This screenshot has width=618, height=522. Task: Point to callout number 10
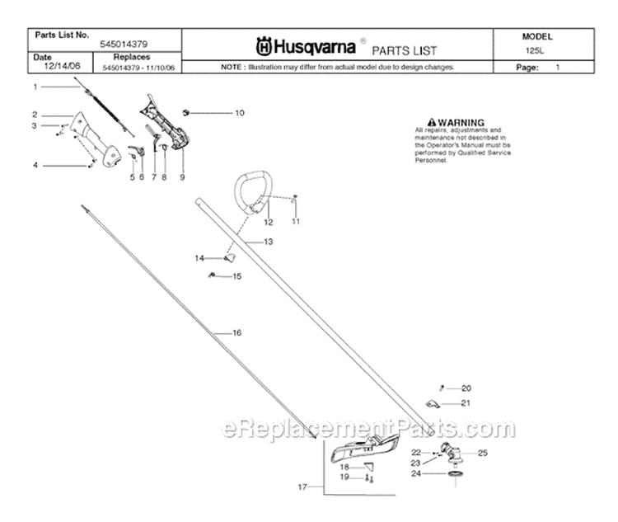(217, 112)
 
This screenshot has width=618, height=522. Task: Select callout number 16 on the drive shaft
(236, 332)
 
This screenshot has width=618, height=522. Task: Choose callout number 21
(466, 403)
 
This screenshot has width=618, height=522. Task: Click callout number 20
(466, 388)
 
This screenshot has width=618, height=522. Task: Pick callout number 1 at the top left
(35, 86)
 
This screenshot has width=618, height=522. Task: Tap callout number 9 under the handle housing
(181, 177)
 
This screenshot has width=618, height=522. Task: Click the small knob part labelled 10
(187, 111)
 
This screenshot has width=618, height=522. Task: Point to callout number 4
(35, 165)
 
